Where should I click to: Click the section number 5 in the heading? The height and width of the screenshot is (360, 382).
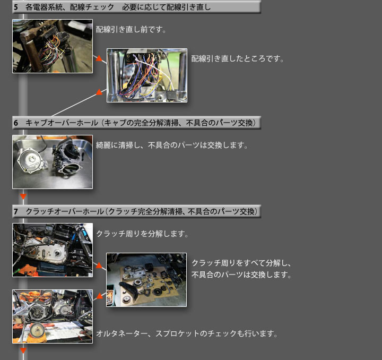coord(16,7)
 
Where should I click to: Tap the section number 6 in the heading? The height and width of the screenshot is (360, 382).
coord(16,123)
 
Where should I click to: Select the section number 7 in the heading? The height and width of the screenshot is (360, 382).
coord(16,211)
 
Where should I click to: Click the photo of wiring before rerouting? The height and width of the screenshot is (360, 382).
coord(53,46)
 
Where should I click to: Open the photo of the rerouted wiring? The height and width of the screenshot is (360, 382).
coord(147,75)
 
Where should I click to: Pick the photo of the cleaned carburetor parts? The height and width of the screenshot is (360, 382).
coord(53,162)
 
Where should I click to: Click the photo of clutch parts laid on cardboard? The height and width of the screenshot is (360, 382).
coord(146,280)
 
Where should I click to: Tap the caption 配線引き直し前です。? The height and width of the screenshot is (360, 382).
coord(131,30)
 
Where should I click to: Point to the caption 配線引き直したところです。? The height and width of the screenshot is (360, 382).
coord(238,58)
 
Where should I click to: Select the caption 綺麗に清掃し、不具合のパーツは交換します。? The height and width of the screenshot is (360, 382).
coord(172,145)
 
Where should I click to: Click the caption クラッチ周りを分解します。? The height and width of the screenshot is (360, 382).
coord(142,234)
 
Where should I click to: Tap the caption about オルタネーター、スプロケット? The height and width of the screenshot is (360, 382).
coord(187,333)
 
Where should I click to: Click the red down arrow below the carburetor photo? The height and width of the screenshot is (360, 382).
coord(23,196)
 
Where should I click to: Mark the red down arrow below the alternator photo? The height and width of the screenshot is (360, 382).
coord(23,350)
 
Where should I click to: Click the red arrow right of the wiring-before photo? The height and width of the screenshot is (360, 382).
coord(99,58)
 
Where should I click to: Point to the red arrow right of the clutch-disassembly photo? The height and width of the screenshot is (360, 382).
coord(99,265)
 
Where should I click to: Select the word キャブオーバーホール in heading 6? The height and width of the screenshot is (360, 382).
coord(62,123)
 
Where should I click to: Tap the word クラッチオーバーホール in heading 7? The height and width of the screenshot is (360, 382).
coord(65,211)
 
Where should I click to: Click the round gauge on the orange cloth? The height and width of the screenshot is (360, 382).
coord(37,330)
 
